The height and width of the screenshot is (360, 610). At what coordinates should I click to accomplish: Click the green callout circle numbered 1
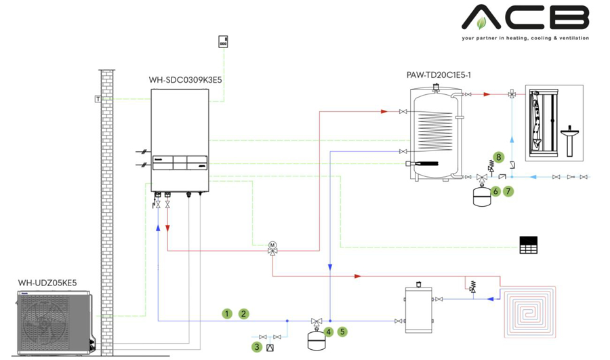[227, 314]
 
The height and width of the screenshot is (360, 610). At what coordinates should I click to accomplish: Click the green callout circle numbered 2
[243, 314]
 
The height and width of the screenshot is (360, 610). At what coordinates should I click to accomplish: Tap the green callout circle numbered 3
[257, 346]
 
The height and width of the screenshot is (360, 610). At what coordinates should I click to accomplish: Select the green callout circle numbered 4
[328, 332]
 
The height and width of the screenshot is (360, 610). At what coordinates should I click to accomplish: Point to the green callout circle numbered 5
[343, 332]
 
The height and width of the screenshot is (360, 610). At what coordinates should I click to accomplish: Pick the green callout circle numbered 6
[495, 192]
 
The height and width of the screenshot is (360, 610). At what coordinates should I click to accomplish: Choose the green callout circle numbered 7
[509, 192]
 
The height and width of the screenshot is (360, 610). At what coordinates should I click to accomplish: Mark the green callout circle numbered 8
[498, 157]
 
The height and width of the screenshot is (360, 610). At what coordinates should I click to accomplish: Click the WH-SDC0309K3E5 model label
[185, 79]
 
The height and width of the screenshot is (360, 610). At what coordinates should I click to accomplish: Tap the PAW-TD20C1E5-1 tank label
[439, 75]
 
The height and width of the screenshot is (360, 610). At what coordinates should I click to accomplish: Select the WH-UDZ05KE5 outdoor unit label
[47, 283]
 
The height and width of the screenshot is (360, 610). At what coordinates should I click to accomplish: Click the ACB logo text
[525, 18]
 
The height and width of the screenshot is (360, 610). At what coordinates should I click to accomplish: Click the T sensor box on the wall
[98, 99]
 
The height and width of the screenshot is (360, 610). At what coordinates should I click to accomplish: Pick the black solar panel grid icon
[528, 245]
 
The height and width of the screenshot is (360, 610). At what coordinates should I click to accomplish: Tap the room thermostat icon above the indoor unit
[223, 41]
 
